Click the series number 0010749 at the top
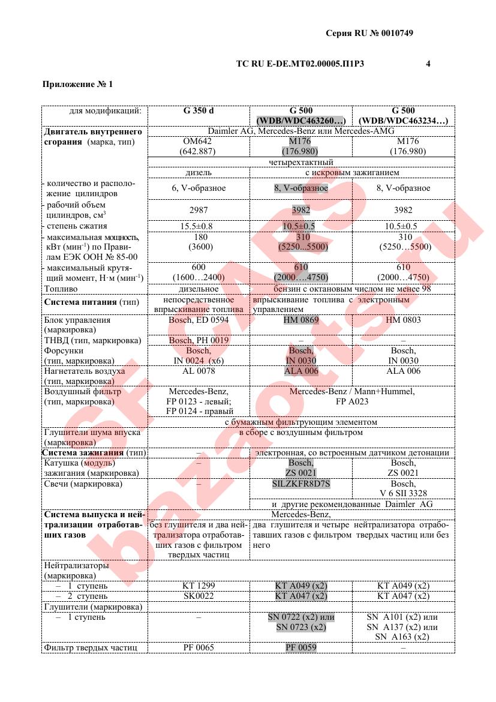tap(394, 34)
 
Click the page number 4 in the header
tap(428, 63)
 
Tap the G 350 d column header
tap(199, 110)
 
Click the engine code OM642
tap(198, 141)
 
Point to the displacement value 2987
tap(199, 210)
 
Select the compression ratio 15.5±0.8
tap(199, 226)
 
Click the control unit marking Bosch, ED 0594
tap(199, 320)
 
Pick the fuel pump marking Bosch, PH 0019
tap(199, 340)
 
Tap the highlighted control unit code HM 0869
tap(301, 320)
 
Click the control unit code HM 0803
tap(403, 320)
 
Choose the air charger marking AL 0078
tap(199, 371)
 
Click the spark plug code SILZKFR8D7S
tap(301, 483)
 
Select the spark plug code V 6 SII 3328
tap(403, 493)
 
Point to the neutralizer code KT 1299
tap(199, 586)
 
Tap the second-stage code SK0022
tap(199, 596)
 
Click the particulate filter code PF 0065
tap(199, 647)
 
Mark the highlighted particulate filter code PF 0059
tap(301, 647)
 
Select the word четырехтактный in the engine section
tap(301, 162)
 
